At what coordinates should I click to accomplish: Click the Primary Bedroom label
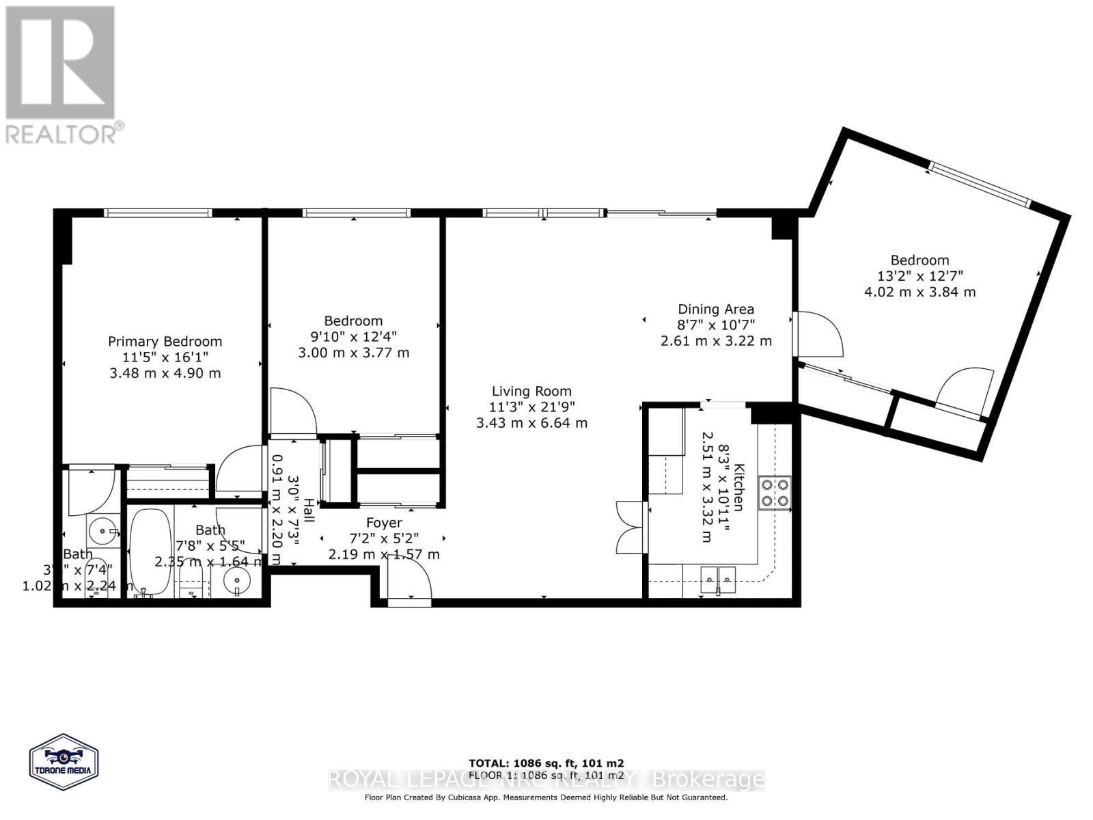pos(165,341)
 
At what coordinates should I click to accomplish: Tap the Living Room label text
pos(531,391)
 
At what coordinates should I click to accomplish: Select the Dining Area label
pos(715,309)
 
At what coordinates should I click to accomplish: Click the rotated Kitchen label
pos(738,487)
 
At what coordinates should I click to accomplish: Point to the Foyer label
pos(384,523)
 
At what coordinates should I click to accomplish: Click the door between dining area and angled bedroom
pos(816,335)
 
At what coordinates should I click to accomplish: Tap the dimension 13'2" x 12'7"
pos(919,276)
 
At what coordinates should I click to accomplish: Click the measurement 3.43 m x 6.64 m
pos(531,423)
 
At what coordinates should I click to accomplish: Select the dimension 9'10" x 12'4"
pos(353,337)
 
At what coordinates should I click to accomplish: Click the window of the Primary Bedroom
pos(158,213)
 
